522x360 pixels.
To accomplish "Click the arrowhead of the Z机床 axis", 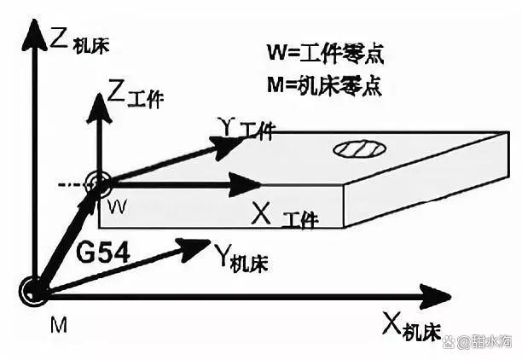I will coord(33,34).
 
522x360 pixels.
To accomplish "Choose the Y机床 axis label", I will coord(241,257).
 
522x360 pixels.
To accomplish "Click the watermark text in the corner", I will coord(484,342).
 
